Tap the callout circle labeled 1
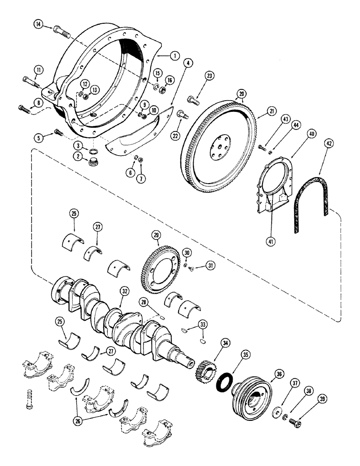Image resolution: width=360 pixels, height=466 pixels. (x=174, y=55)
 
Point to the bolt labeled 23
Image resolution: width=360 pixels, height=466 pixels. (x=193, y=98)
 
